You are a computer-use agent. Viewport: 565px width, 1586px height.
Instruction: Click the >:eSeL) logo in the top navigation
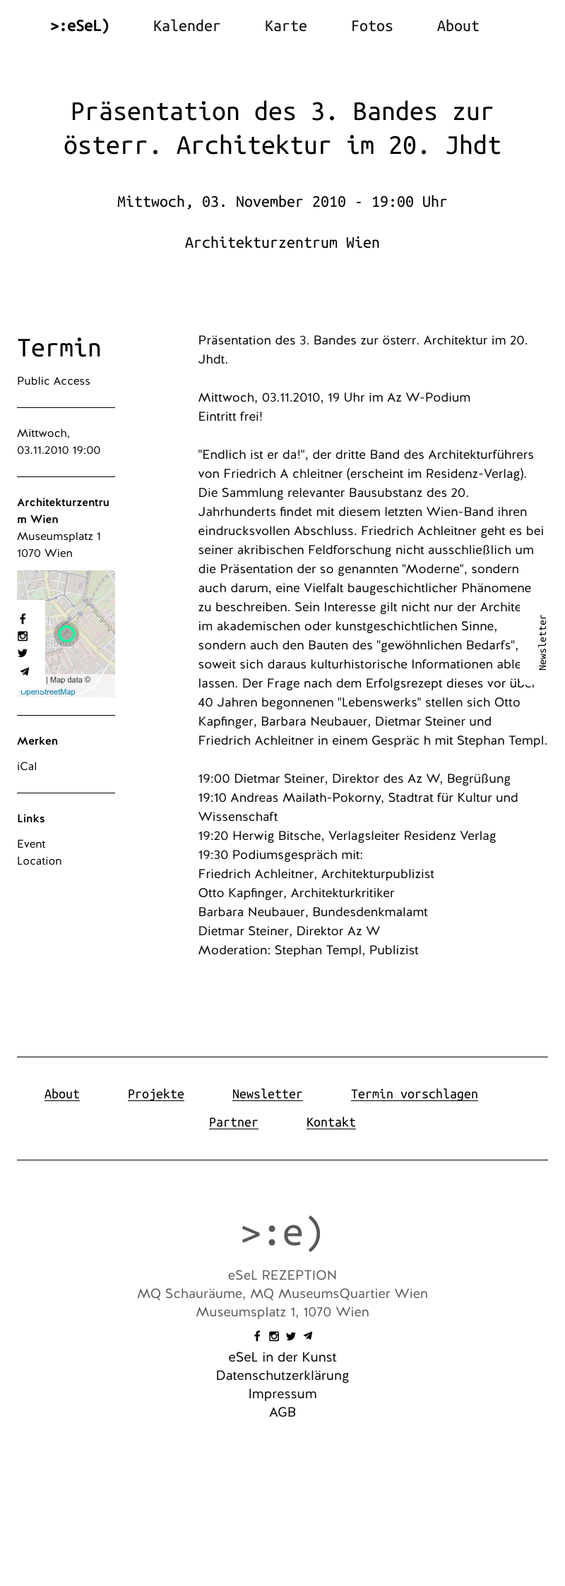pyautogui.click(x=80, y=26)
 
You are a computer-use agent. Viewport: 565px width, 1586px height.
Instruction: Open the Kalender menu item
pyautogui.click(x=186, y=26)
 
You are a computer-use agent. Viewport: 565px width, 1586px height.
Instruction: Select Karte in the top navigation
pyautogui.click(x=285, y=26)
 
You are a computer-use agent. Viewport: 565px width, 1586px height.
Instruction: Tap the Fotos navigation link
pyautogui.click(x=371, y=26)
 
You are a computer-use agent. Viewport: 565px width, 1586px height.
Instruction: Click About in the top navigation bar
pyautogui.click(x=458, y=26)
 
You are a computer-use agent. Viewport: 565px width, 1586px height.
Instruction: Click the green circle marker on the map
pyautogui.click(x=66, y=633)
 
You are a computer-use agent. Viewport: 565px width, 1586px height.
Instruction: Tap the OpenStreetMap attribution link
pyautogui.click(x=48, y=692)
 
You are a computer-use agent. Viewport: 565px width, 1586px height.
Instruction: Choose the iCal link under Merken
pyautogui.click(x=27, y=767)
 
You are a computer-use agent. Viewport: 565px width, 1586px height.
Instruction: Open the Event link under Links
pyautogui.click(x=31, y=844)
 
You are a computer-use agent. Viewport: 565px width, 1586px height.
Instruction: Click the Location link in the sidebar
pyautogui.click(x=40, y=861)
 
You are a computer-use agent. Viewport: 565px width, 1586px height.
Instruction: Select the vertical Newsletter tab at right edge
pyautogui.click(x=542, y=642)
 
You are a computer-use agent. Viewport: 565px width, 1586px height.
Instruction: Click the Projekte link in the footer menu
pyautogui.click(x=155, y=1094)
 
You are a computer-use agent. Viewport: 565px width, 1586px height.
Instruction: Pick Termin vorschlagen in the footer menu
pyautogui.click(x=414, y=1094)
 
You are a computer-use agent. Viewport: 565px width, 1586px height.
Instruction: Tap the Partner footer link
pyautogui.click(x=233, y=1122)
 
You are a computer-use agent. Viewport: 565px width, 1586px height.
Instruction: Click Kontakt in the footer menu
pyautogui.click(x=331, y=1122)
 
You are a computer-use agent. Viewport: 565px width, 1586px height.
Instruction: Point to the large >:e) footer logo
pyautogui.click(x=282, y=1232)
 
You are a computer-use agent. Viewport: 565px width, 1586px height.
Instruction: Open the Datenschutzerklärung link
pyautogui.click(x=282, y=1376)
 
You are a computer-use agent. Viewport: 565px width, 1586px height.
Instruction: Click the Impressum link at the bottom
pyautogui.click(x=282, y=1394)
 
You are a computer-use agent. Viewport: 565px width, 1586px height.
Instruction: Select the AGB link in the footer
pyautogui.click(x=282, y=1412)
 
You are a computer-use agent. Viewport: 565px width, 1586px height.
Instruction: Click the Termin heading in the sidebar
pyautogui.click(x=59, y=348)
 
